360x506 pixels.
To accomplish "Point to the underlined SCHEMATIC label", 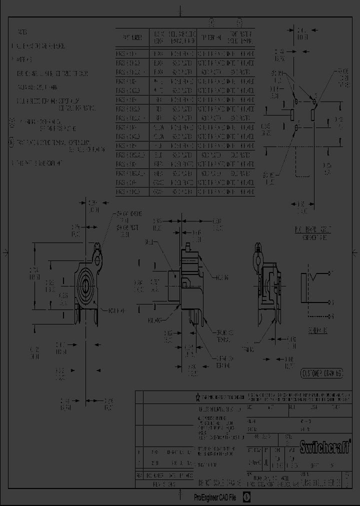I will point(317,331).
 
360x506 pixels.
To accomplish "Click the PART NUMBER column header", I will point(132,37).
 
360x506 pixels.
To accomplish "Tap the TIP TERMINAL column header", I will point(211,37).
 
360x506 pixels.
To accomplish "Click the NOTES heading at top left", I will point(22,31).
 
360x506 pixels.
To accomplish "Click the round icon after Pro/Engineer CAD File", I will point(246,497).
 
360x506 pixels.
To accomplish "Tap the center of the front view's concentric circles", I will point(85,285).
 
